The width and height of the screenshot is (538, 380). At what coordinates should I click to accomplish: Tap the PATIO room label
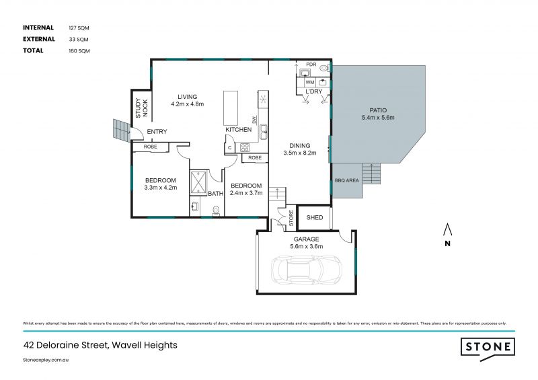click(377, 110)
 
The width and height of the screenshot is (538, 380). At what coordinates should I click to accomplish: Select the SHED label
click(314, 217)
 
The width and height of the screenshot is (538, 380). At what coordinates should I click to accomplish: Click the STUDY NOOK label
click(142, 108)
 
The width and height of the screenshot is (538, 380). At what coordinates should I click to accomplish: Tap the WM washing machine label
click(309, 82)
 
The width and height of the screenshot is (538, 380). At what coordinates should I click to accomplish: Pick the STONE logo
click(488, 347)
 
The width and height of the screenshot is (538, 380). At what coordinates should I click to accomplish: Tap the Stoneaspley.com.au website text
click(46, 360)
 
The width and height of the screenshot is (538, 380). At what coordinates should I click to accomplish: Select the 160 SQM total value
click(79, 50)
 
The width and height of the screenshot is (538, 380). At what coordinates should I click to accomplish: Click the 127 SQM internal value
click(79, 28)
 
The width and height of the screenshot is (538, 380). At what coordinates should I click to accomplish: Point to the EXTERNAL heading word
click(39, 39)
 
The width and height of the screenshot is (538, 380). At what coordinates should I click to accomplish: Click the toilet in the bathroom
click(215, 210)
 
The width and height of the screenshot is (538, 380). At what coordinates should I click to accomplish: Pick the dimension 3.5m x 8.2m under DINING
click(300, 153)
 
